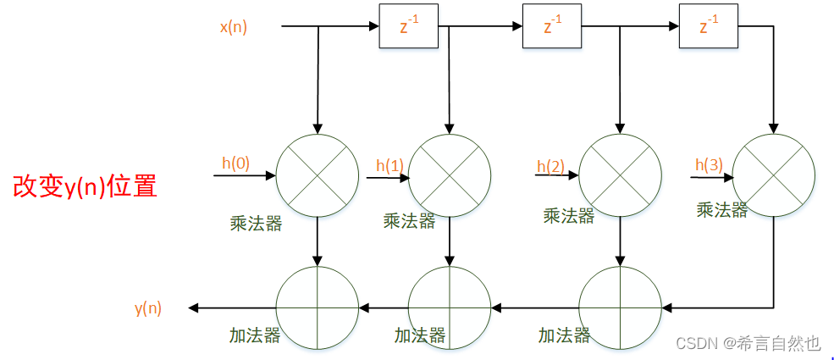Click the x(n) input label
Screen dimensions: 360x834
(x=234, y=27)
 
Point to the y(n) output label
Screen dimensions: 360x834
(x=147, y=308)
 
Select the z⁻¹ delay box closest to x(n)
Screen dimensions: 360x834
(x=408, y=27)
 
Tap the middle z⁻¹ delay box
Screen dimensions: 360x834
(x=553, y=27)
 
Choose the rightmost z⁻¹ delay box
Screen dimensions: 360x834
(x=709, y=27)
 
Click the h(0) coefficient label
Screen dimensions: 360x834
(x=235, y=163)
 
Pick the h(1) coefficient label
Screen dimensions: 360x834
(x=389, y=166)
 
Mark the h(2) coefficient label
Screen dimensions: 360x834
(x=550, y=165)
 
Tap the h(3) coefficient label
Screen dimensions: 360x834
(x=709, y=164)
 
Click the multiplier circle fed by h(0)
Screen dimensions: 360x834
(x=318, y=176)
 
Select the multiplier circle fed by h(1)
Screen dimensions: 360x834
(x=450, y=176)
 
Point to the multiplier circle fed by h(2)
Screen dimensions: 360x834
(x=620, y=176)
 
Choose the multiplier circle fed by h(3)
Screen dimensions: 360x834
(x=774, y=176)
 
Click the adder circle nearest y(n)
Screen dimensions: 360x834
(x=318, y=307)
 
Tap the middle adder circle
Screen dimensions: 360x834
(x=450, y=307)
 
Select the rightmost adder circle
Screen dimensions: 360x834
(x=620, y=307)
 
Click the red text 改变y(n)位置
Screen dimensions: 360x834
(x=85, y=186)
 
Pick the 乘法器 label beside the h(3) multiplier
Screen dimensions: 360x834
(x=721, y=210)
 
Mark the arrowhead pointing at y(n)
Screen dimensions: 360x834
(x=194, y=307)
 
